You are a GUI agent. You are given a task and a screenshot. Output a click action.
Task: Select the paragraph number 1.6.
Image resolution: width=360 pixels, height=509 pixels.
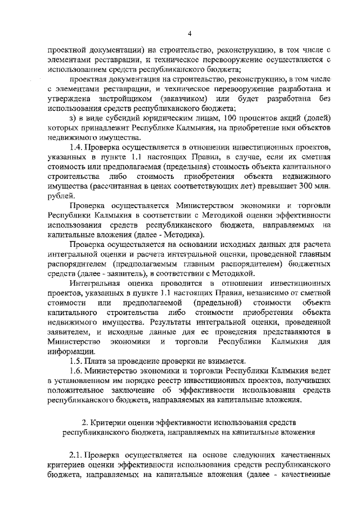pos(75,372)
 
